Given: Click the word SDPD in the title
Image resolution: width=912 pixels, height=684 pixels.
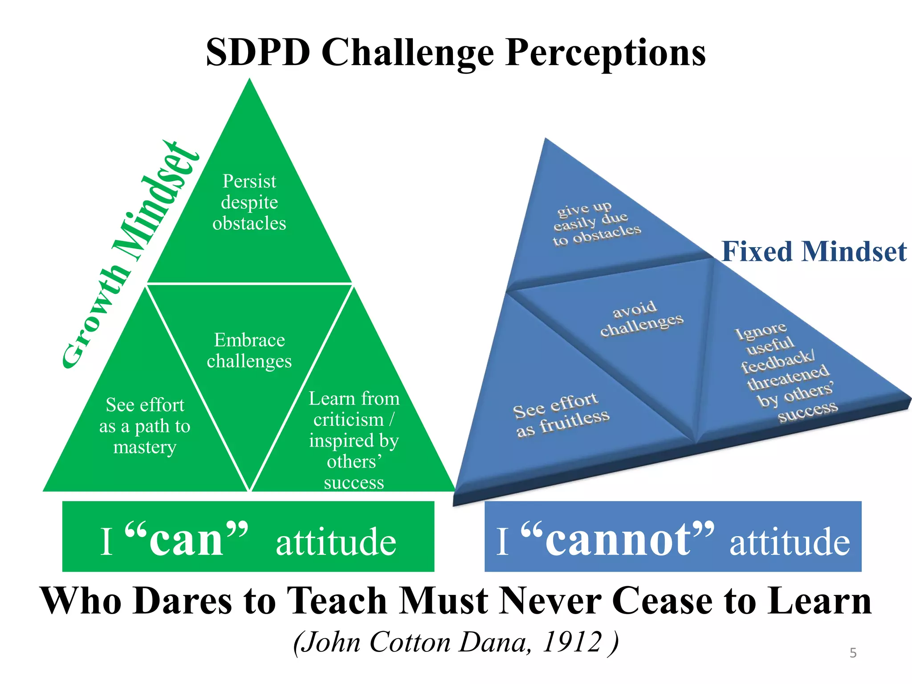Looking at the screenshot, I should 258,53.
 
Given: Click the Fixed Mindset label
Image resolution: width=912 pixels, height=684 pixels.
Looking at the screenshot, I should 814,252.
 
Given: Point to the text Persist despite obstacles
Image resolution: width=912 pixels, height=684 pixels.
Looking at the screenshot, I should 249,202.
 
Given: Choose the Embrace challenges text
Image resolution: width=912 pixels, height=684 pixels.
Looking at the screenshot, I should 249,350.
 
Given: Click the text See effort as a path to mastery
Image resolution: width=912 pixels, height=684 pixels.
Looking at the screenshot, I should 145,426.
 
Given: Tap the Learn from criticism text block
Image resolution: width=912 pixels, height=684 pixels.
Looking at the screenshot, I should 354,440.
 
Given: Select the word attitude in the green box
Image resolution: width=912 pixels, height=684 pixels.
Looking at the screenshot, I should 336,541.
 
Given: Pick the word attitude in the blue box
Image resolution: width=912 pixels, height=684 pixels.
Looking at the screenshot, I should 790,541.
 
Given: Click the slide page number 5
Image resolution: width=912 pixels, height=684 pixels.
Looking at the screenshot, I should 853,653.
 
